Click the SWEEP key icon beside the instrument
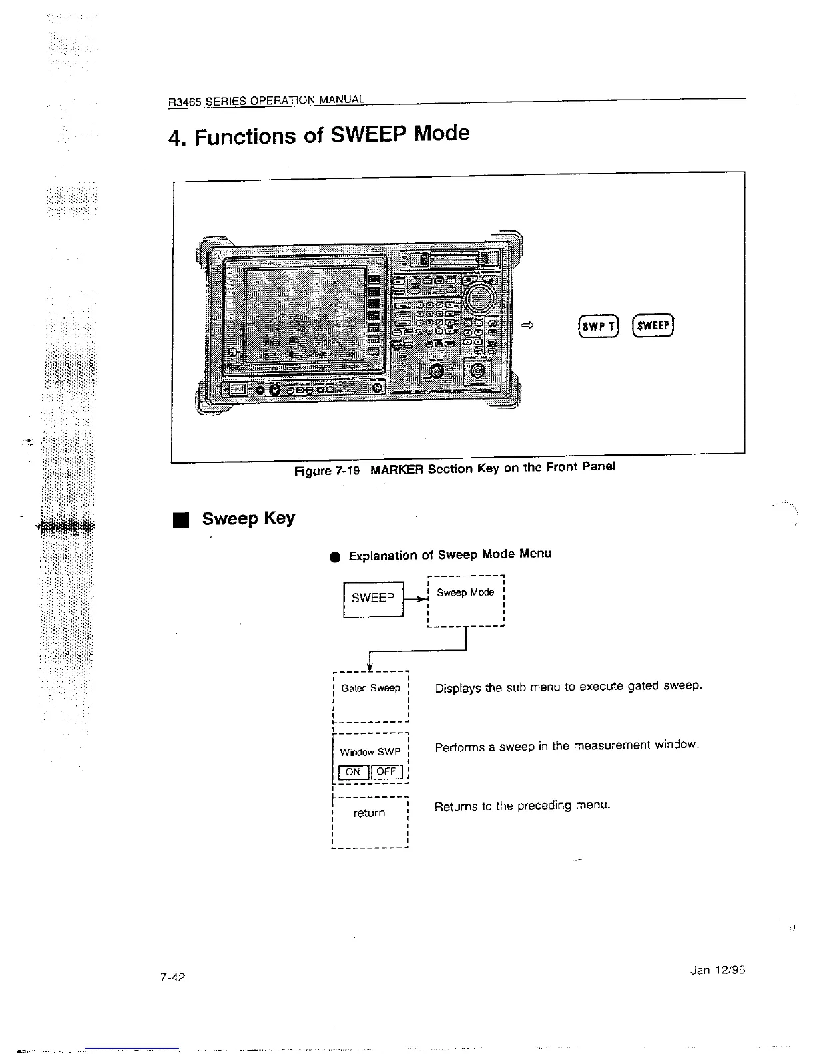click(x=653, y=325)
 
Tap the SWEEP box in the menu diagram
click(x=373, y=598)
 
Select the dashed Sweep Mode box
click(x=466, y=601)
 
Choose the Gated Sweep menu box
click(x=370, y=697)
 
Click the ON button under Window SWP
click(x=353, y=772)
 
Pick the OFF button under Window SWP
click(x=386, y=772)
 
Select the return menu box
click(x=369, y=822)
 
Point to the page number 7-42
click(x=172, y=977)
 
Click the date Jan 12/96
click(x=718, y=970)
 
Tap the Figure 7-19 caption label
click(x=327, y=471)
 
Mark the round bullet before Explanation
click(x=336, y=557)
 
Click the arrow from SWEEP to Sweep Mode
click(x=415, y=599)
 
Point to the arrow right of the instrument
click(x=528, y=325)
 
